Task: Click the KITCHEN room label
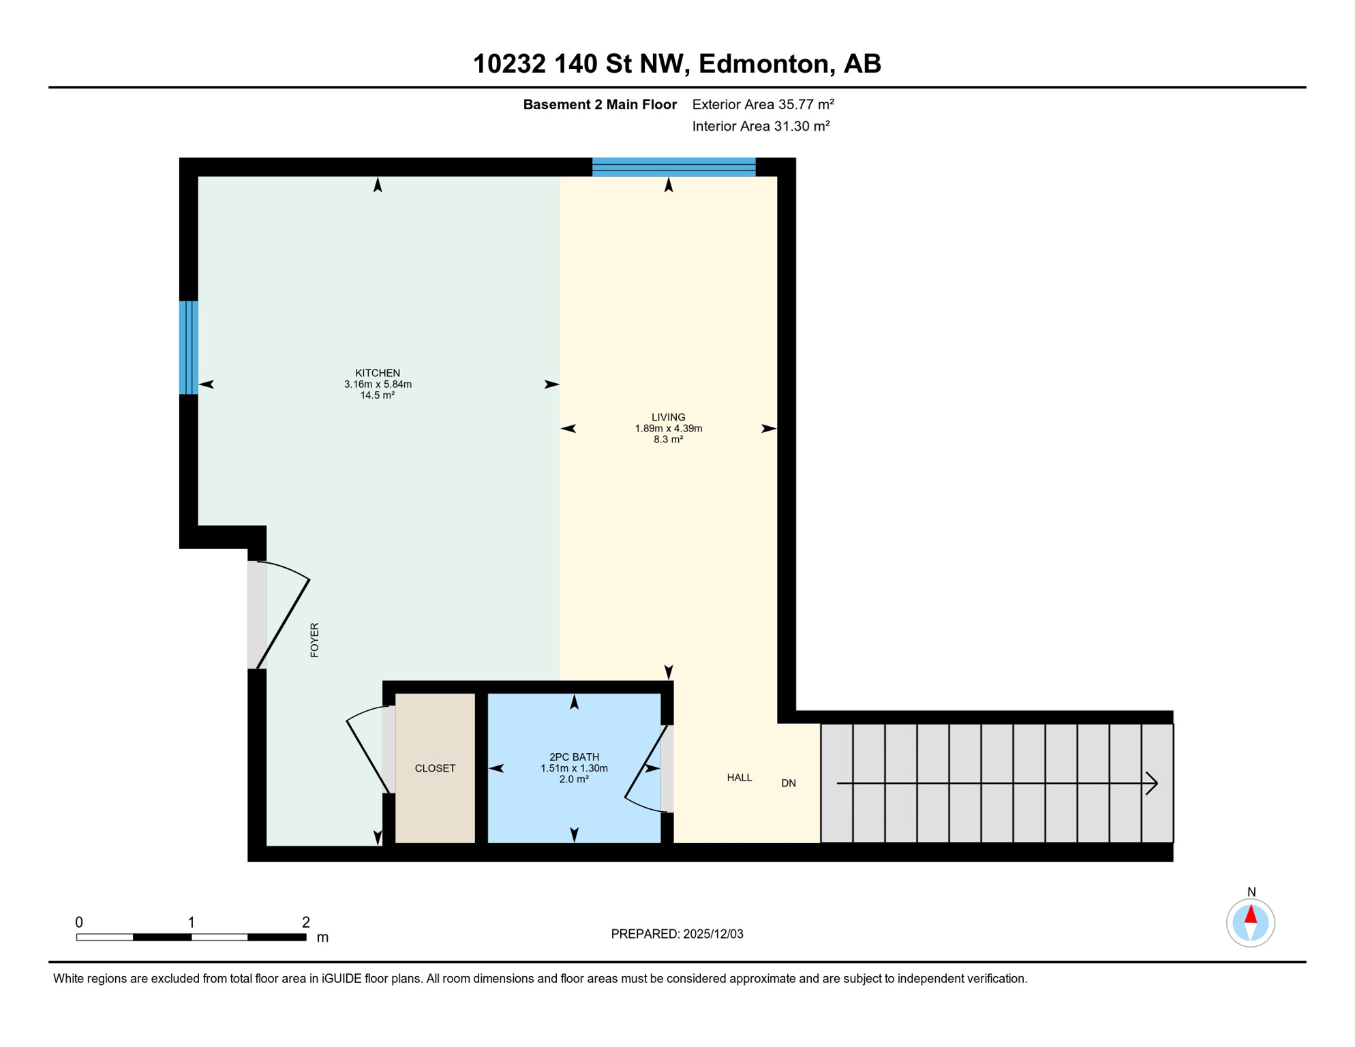point(378,373)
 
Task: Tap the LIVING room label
point(668,417)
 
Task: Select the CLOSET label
point(435,768)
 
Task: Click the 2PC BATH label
point(574,757)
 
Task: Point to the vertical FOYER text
point(314,640)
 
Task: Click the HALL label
point(739,778)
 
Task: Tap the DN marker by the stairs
point(788,783)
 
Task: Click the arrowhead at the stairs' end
point(1151,783)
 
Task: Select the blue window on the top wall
point(673,167)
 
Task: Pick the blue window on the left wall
point(188,348)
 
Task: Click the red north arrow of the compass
point(1250,914)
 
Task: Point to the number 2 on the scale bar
point(306,922)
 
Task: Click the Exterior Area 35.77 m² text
point(763,104)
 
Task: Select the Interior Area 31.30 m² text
point(761,126)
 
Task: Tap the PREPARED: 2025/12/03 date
point(677,934)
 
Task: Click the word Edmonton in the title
point(766,63)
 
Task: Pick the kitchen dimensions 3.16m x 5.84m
point(378,384)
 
